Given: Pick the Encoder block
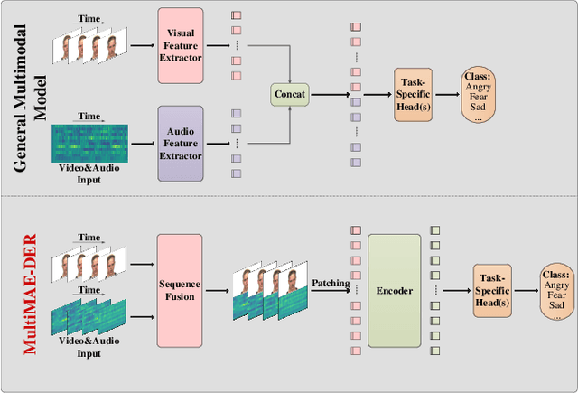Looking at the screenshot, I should [394, 291].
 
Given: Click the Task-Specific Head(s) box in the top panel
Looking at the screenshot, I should [415, 93].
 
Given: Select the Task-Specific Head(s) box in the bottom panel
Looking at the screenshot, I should [491, 291].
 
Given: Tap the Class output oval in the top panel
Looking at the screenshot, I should [480, 93].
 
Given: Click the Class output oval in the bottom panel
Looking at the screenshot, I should [556, 291].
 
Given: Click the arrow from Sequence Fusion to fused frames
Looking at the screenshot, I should [218, 291].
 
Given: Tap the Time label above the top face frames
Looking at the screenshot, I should [89, 17].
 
